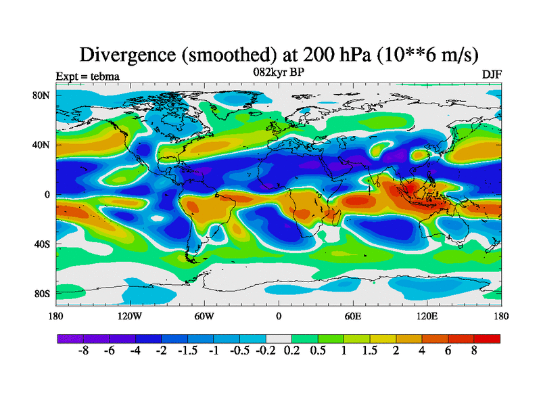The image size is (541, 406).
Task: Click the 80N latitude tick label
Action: click(x=42, y=95)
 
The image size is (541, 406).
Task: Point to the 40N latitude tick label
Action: click(x=42, y=145)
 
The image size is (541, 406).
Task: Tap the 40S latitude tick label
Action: click(x=42, y=244)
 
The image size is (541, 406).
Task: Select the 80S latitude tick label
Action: click(x=42, y=294)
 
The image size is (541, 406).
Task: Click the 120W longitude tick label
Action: click(x=129, y=316)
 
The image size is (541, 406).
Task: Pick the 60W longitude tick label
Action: click(x=204, y=316)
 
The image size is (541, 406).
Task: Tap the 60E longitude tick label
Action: click(x=352, y=316)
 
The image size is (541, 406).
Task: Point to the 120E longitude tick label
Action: click(x=427, y=316)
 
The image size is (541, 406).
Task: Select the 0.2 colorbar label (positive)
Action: click(x=291, y=352)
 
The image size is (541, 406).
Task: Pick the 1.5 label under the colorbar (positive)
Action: click(x=369, y=352)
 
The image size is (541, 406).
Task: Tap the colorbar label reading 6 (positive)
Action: click(x=448, y=352)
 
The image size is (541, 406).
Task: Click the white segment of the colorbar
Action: click(x=279, y=338)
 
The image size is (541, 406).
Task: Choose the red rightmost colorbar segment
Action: click(x=487, y=338)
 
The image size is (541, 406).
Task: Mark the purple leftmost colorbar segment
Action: click(x=70, y=338)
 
